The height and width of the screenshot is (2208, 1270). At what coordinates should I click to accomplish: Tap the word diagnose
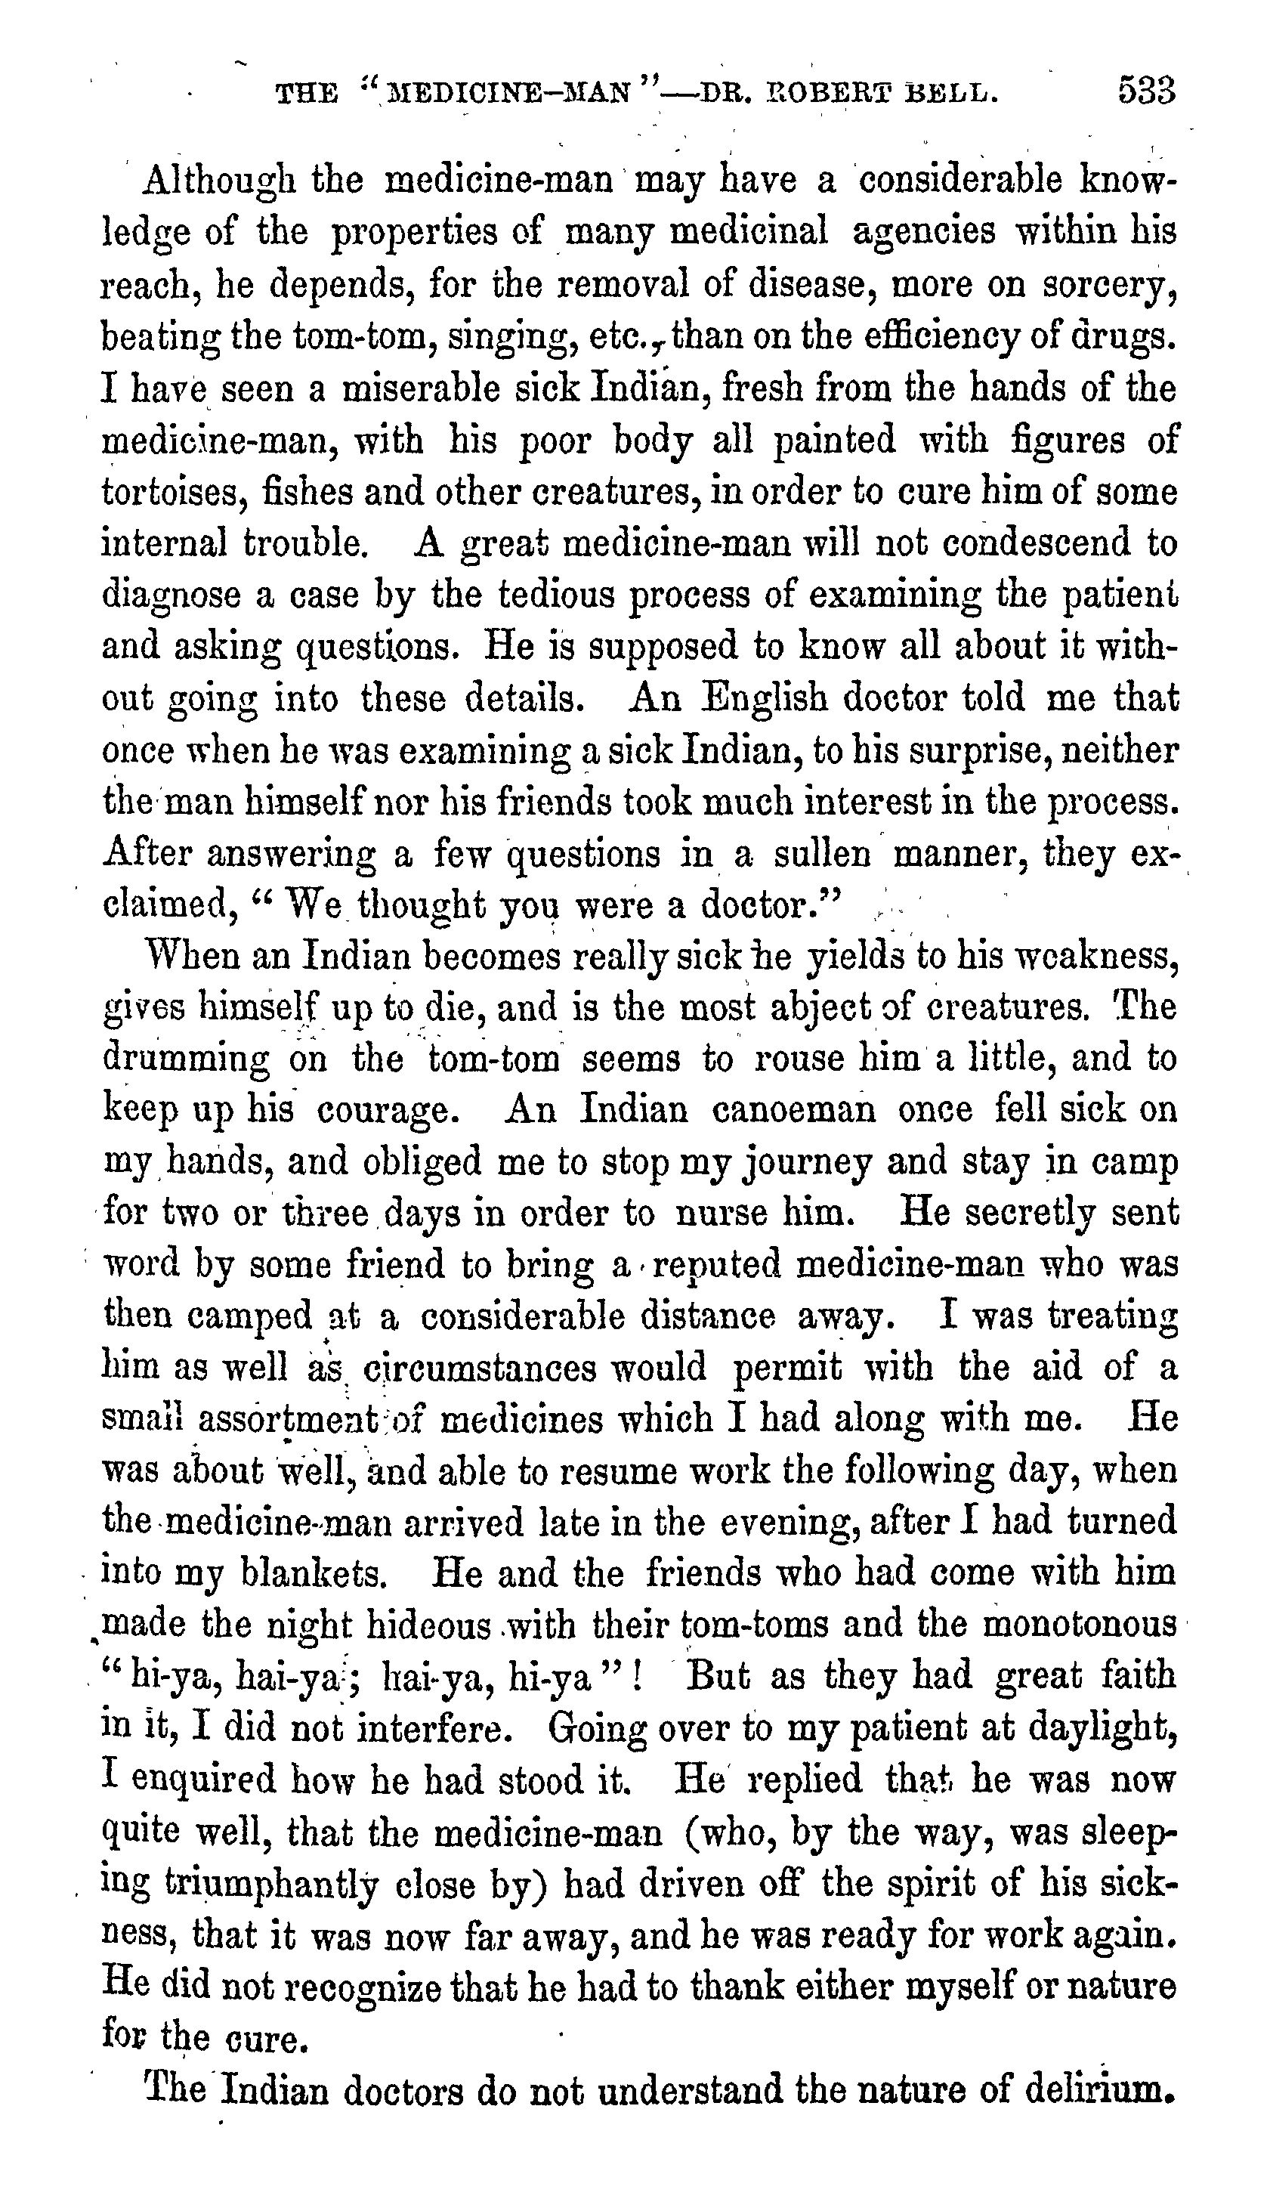pos(171,597)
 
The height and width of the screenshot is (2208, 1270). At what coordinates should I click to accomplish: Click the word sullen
pos(823,853)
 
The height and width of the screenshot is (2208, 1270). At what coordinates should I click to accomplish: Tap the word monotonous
pos(1078,1625)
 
